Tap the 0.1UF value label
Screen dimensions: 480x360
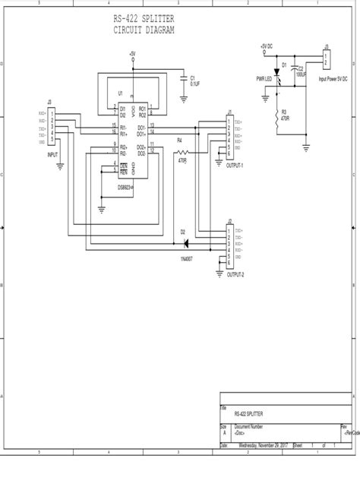[x=194, y=84]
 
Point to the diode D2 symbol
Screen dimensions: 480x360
[x=184, y=244]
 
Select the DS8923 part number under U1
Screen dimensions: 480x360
[x=126, y=187]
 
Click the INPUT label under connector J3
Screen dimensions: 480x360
[x=52, y=153]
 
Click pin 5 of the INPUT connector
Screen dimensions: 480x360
[x=52, y=140]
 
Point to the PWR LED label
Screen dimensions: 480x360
[x=264, y=78]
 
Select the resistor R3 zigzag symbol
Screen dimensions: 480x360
[x=274, y=115]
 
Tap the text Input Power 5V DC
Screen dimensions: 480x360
[x=333, y=79]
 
